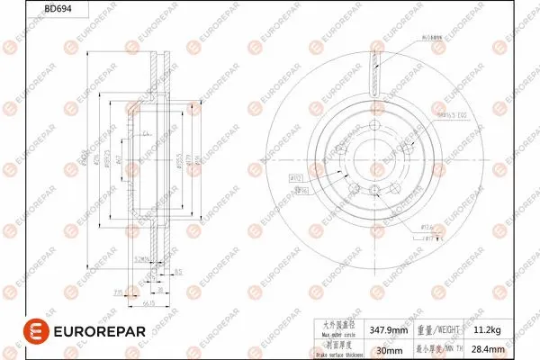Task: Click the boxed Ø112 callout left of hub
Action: [295, 178]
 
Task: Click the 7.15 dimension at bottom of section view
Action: [118, 292]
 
